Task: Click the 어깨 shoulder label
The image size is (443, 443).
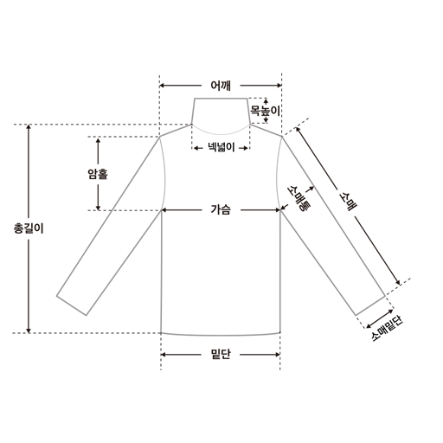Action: tap(221, 86)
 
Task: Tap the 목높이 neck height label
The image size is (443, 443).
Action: tap(265, 111)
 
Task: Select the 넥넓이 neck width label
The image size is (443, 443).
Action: tap(221, 148)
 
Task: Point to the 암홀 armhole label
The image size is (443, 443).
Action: tap(98, 174)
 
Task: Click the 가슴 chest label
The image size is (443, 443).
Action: tap(221, 209)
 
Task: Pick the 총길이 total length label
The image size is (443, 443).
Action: tap(29, 228)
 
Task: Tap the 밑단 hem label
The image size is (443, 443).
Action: tap(221, 354)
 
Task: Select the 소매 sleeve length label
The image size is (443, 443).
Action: tap(349, 201)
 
